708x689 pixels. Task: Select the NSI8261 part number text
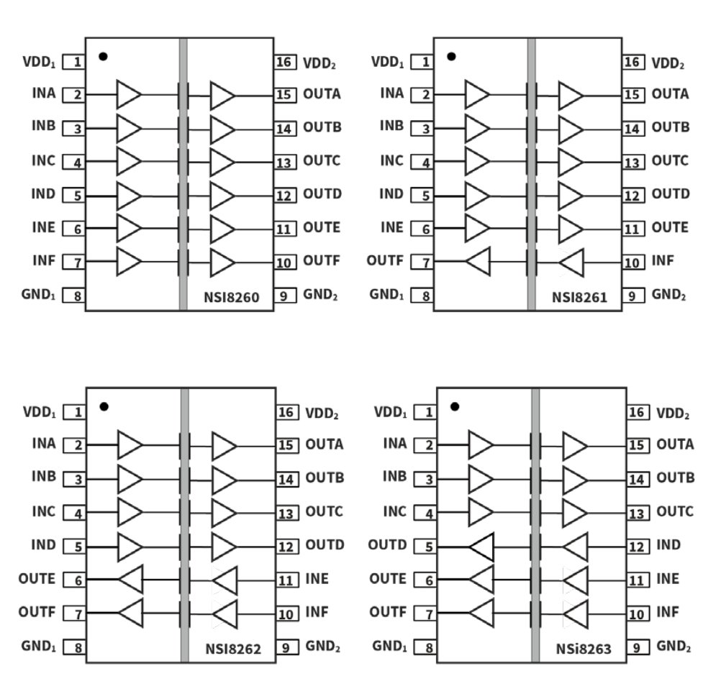(579, 297)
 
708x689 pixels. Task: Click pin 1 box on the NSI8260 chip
(73, 62)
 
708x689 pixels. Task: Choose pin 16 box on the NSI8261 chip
(634, 62)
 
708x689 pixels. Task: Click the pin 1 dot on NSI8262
(104, 406)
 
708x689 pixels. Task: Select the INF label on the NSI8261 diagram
(663, 260)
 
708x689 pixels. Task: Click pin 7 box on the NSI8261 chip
(422, 263)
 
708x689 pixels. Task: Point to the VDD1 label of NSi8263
(393, 412)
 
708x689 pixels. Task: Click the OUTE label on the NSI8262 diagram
(38, 579)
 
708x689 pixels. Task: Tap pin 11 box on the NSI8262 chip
(287, 580)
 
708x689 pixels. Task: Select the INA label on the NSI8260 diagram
(43, 93)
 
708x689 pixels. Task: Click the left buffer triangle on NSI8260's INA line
(128, 94)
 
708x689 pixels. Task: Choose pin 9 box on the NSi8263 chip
(637, 647)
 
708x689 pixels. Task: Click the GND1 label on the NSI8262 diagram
(38, 646)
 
